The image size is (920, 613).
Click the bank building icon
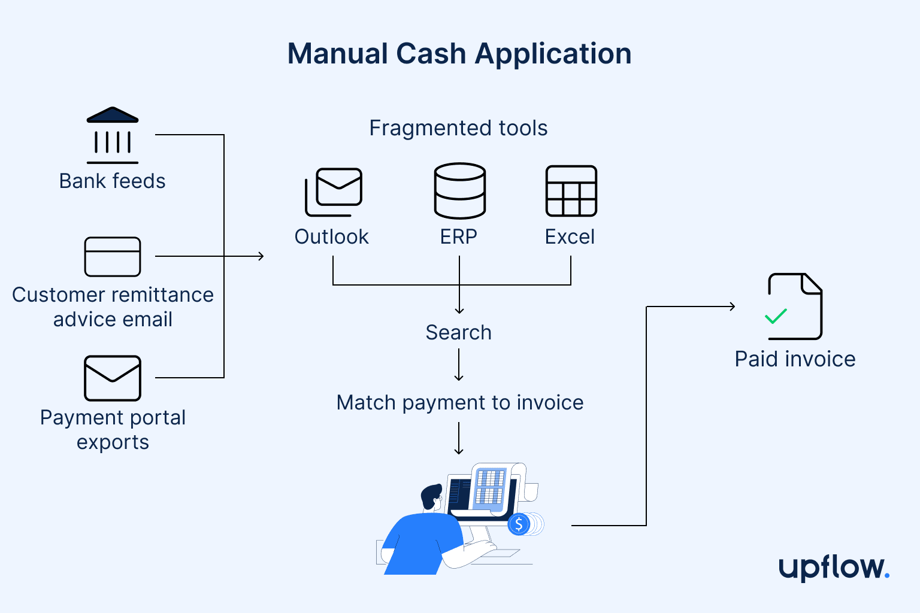[113, 135]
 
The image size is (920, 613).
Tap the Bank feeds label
[113, 181]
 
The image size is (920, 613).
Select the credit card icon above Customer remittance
[113, 257]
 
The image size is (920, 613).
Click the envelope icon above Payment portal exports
[113, 378]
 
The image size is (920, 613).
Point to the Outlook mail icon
[334, 192]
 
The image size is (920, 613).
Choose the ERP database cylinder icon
[459, 191]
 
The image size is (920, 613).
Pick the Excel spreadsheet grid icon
[571, 191]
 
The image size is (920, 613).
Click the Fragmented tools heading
[458, 128]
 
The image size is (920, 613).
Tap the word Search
[458, 333]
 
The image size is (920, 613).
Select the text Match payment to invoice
[459, 403]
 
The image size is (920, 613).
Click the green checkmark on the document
[776, 316]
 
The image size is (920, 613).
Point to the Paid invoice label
[795, 359]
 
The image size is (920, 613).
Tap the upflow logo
[833, 567]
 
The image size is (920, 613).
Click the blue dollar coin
[519, 525]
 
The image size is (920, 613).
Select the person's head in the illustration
[431, 497]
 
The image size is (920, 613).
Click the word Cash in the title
[431, 54]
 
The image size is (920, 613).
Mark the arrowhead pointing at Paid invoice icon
[732, 306]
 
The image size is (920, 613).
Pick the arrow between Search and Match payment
[459, 365]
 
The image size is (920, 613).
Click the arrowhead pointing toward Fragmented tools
[261, 256]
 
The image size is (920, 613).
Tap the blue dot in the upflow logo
[886, 576]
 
